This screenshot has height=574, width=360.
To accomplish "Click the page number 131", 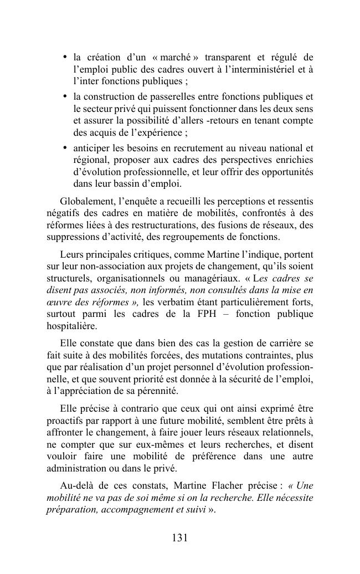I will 180,537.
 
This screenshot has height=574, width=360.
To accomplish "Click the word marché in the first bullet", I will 177,57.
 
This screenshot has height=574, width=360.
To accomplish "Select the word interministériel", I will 270,69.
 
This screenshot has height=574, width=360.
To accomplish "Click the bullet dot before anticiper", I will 65,147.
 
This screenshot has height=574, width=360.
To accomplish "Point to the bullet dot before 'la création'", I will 65,57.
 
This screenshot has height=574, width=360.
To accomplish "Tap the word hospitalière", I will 71,326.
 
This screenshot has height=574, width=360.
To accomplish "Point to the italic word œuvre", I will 58,302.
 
